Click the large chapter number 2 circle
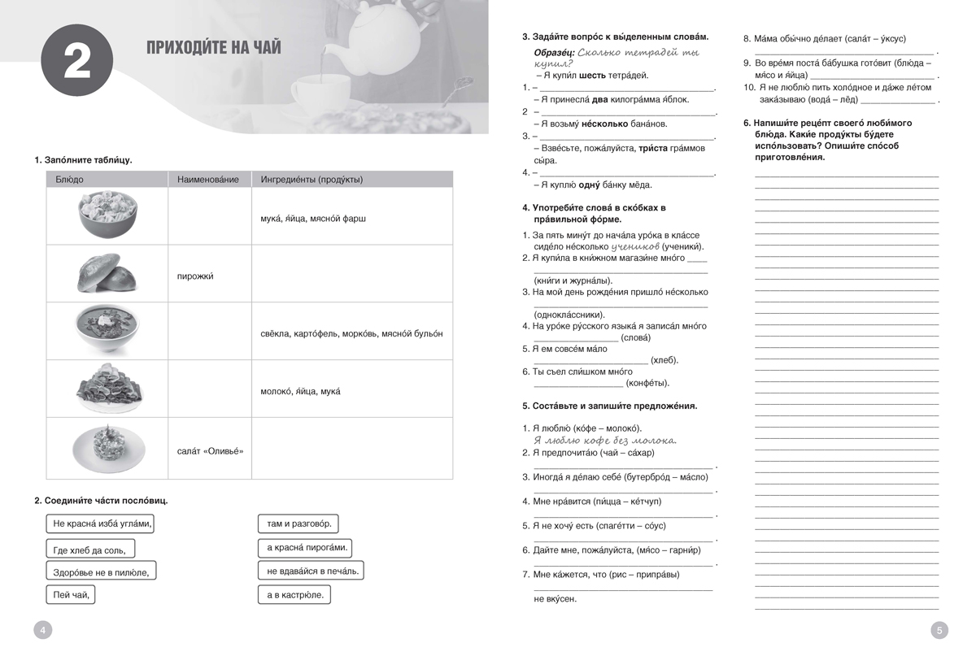coord(76,63)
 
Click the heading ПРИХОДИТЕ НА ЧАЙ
coord(214,47)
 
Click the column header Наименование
coord(208,180)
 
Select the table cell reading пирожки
coord(195,276)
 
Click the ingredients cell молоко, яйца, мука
coord(301,392)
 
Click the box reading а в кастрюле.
coord(294,596)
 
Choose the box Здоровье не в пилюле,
coord(101,572)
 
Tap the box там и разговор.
coord(298,524)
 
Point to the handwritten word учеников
coord(634,245)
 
